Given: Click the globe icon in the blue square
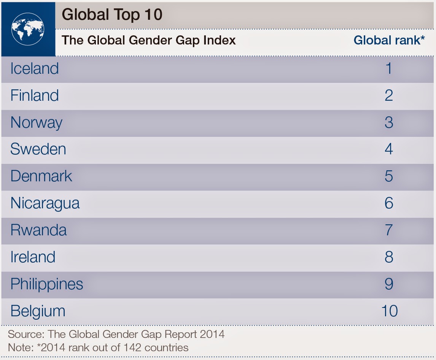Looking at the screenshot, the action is pyautogui.click(x=28, y=29).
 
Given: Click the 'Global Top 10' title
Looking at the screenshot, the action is pyautogui.click(x=112, y=15).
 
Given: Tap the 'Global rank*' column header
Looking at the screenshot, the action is pyautogui.click(x=389, y=40).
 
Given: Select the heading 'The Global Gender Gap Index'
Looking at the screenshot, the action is pyautogui.click(x=148, y=41).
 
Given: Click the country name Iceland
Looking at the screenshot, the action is pyautogui.click(x=35, y=68).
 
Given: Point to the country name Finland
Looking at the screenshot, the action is pyautogui.click(x=35, y=95).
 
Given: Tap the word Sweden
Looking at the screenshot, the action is pyautogui.click(x=38, y=149).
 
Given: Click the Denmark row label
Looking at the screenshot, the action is pyautogui.click(x=41, y=176).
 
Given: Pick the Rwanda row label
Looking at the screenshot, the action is pyautogui.click(x=38, y=230).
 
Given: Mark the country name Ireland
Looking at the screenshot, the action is pyautogui.click(x=33, y=257).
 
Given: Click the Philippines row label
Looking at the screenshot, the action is pyautogui.click(x=47, y=284).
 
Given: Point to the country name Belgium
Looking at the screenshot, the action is pyautogui.click(x=38, y=311).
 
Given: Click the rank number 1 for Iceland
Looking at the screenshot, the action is pyautogui.click(x=389, y=68).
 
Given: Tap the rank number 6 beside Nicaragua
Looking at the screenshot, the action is pyautogui.click(x=389, y=203).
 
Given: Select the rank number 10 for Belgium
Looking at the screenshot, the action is pyautogui.click(x=390, y=311).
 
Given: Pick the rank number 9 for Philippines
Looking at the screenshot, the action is pyautogui.click(x=389, y=284).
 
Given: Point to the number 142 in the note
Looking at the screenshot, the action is pyautogui.click(x=132, y=347).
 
